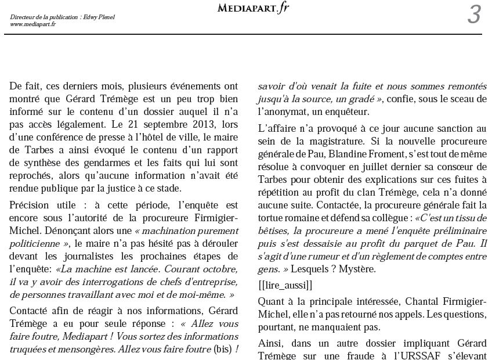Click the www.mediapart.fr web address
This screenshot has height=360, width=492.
(32, 24)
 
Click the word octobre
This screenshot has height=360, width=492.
(221, 269)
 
